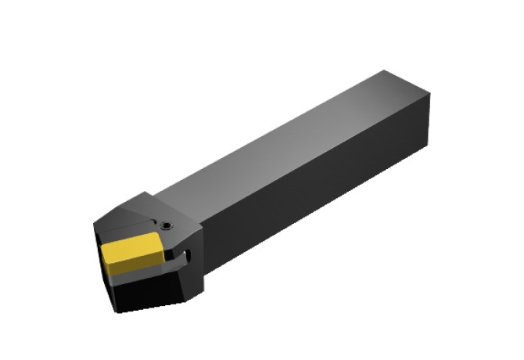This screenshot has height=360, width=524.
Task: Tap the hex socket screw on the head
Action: (167, 227)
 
